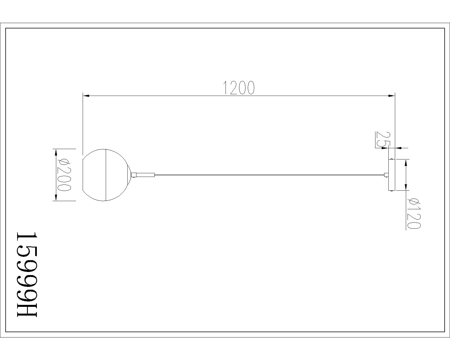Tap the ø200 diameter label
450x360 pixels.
(x=63, y=175)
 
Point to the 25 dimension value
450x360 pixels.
(x=381, y=139)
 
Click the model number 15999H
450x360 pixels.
(x=27, y=274)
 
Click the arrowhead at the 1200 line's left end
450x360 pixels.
(x=86, y=96)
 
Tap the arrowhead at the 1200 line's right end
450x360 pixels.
(x=391, y=96)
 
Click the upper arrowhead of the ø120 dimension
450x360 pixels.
(x=406, y=163)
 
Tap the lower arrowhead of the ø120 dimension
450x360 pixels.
(x=406, y=186)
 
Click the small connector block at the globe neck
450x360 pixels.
(x=134, y=175)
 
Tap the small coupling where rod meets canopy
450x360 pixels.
(x=386, y=175)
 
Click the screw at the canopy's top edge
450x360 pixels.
(x=392, y=159)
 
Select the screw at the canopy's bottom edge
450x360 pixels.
(x=392, y=191)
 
